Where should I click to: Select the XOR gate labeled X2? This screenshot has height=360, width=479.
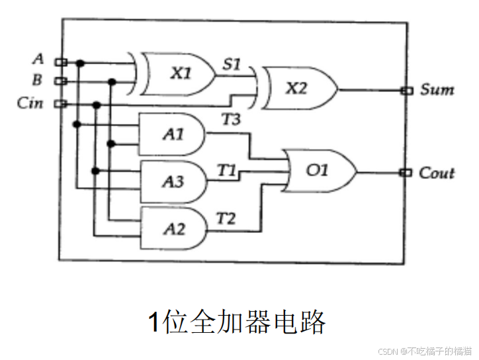pos(296,87)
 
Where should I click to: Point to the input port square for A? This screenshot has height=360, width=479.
pos(60,62)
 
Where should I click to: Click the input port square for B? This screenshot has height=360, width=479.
pos(60,81)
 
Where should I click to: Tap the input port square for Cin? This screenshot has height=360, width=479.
pos(60,103)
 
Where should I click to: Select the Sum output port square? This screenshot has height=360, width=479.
pos(407,90)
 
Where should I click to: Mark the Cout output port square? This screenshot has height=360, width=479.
pos(407,173)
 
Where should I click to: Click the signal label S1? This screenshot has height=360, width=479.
pos(232,65)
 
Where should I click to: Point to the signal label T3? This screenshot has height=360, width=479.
pos(232,119)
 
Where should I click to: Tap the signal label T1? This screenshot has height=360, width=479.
pos(227,169)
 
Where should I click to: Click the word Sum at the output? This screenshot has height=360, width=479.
pos(437,89)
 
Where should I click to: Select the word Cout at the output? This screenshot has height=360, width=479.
pos(437,173)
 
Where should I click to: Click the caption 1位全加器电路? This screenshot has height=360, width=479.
pos(236,322)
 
